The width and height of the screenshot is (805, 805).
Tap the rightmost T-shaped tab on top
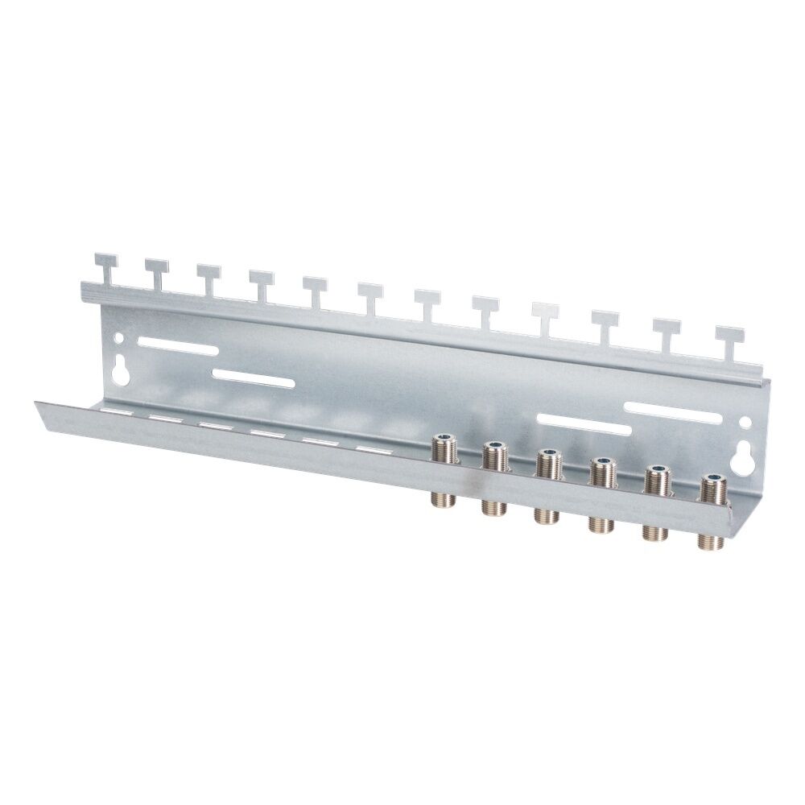(729, 333)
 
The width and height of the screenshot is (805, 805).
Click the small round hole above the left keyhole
(121, 340)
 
